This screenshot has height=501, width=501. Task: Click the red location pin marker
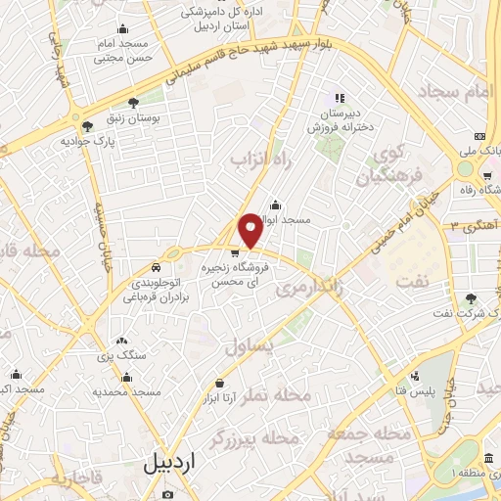click(x=250, y=230)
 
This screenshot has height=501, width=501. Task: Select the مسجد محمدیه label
click(x=126, y=391)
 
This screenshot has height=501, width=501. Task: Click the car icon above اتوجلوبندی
click(x=156, y=266)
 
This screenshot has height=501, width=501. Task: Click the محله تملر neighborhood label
click(x=305, y=396)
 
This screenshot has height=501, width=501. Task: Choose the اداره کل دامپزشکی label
click(x=219, y=14)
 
